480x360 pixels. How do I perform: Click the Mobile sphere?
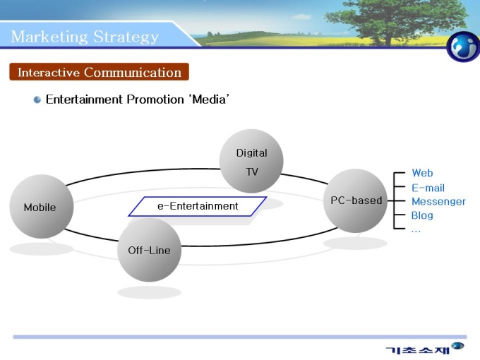(x=42, y=207)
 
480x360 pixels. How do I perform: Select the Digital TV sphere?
(x=251, y=162)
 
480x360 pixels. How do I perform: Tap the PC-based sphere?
(x=355, y=200)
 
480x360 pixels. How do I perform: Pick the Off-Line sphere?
(x=149, y=250)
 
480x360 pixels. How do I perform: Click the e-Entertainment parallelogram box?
(x=198, y=206)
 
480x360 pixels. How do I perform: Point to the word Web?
(x=422, y=173)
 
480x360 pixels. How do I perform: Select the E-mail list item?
(x=428, y=188)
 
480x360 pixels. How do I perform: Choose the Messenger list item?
(x=438, y=201)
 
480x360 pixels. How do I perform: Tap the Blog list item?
(x=422, y=215)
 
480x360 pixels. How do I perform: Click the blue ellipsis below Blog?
(x=416, y=229)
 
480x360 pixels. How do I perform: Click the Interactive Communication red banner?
(x=99, y=72)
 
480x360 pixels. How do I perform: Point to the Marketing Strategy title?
(x=85, y=36)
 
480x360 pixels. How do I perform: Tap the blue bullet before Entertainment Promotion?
(x=37, y=100)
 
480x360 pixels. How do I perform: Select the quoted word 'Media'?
(x=208, y=100)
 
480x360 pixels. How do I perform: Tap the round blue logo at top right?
(x=463, y=47)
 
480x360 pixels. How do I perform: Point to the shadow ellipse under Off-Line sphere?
(x=149, y=292)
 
